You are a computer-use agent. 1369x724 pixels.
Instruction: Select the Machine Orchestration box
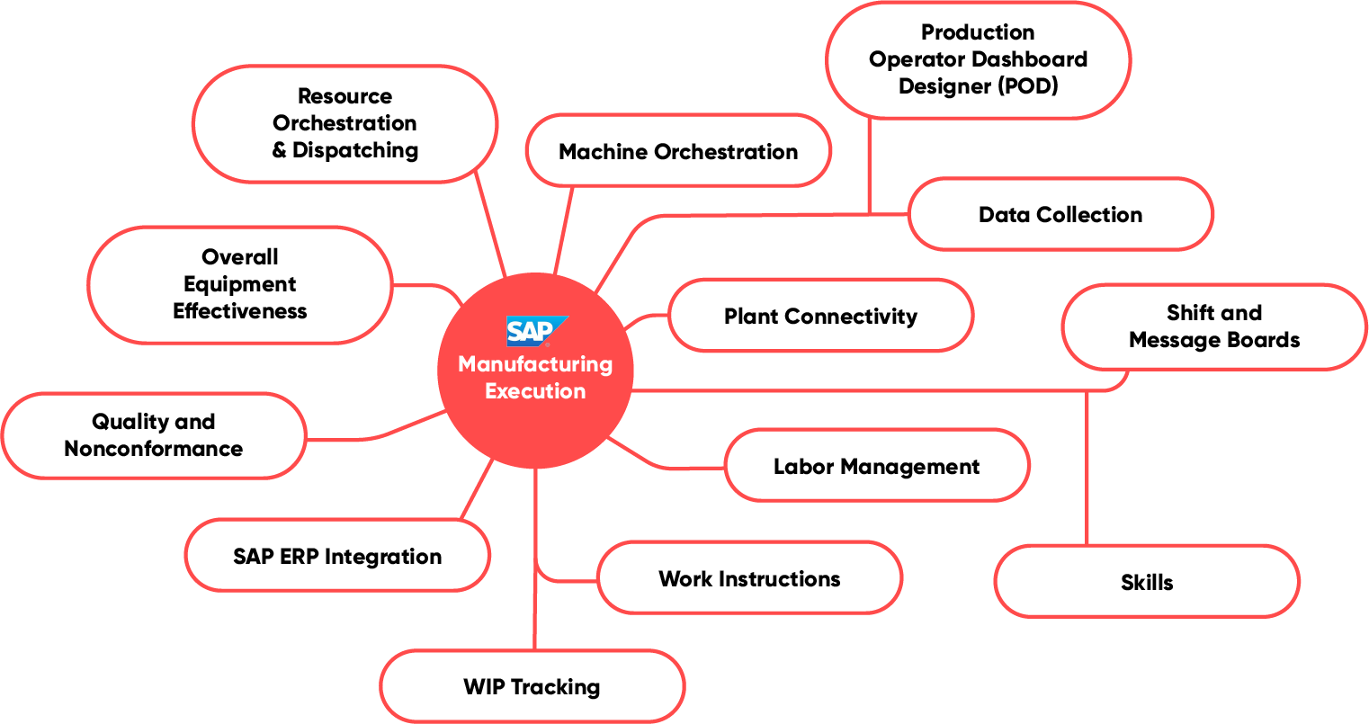pyautogui.click(x=678, y=151)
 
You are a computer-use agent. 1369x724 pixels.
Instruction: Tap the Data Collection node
pyautogui.click(x=1060, y=214)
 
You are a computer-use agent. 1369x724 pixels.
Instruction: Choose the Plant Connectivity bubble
pyautogui.click(x=820, y=316)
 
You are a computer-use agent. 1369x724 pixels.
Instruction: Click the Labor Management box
pyautogui.click(x=876, y=466)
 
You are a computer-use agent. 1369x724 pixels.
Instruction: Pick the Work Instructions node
pyautogui.click(x=749, y=578)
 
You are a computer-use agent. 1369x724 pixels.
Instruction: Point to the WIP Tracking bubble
pyautogui.click(x=532, y=686)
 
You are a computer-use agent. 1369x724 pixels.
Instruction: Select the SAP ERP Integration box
pyautogui.click(x=337, y=556)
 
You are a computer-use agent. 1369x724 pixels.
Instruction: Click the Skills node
pyautogui.click(x=1147, y=582)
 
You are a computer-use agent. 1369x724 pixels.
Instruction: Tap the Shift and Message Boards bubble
pyautogui.click(x=1214, y=326)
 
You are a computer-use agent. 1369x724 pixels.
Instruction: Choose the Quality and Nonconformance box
pyautogui.click(x=154, y=435)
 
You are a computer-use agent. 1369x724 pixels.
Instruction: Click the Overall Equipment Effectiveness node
pyautogui.click(x=240, y=284)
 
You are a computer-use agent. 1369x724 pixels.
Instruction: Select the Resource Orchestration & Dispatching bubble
pyautogui.click(x=345, y=123)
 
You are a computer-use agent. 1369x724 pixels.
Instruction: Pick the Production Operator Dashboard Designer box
pyautogui.click(x=978, y=59)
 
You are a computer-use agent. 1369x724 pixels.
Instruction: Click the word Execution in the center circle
pyautogui.click(x=535, y=391)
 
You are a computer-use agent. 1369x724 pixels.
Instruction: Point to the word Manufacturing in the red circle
pyautogui.click(x=535, y=364)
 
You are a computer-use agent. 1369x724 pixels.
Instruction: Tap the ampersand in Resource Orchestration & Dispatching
pyautogui.click(x=280, y=150)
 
